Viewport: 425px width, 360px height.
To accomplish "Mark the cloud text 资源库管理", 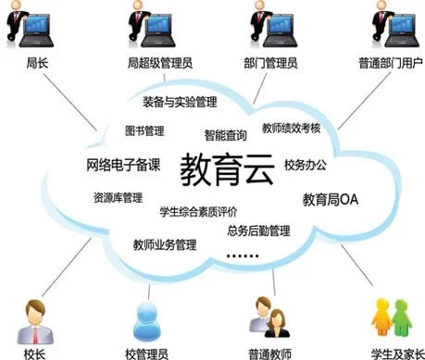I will [118, 197].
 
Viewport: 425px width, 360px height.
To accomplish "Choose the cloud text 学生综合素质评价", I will [199, 210].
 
